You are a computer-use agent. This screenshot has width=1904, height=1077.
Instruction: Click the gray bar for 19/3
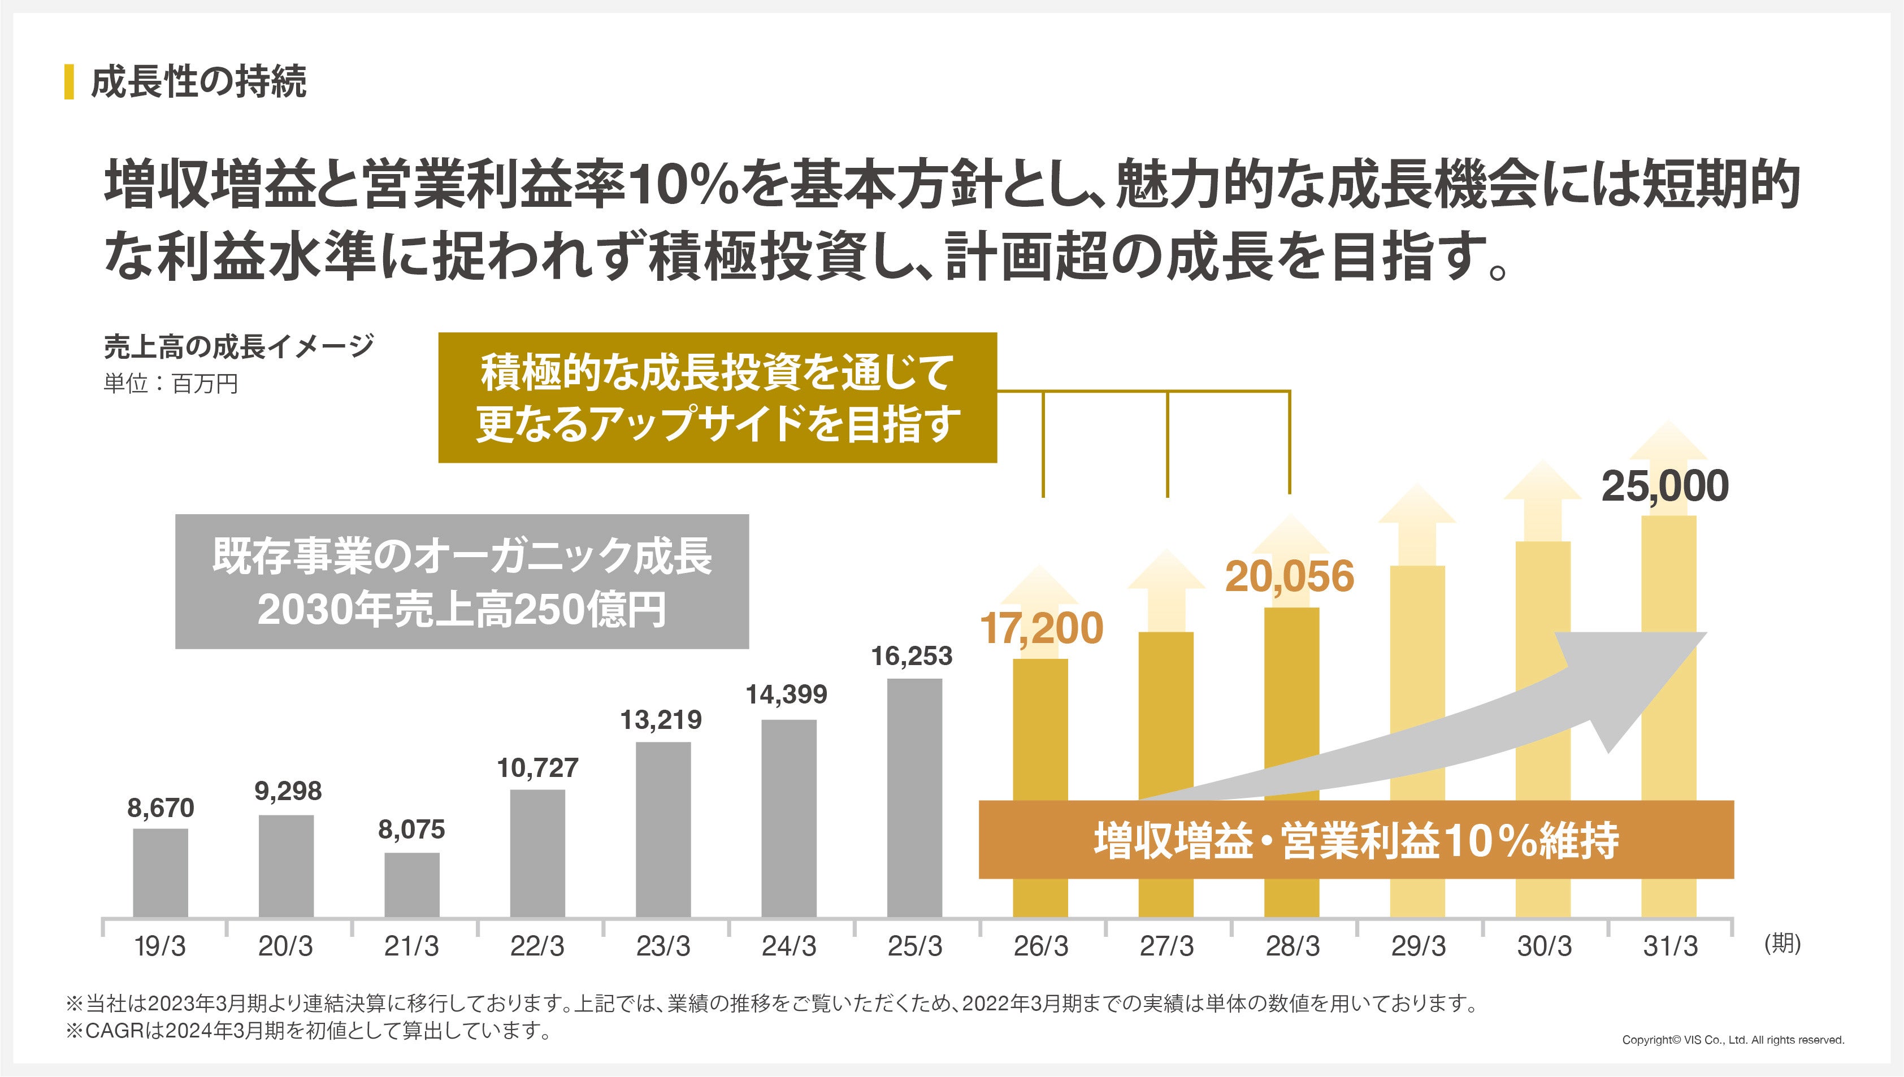(x=161, y=873)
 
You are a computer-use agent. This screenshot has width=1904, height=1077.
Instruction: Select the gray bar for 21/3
(x=411, y=885)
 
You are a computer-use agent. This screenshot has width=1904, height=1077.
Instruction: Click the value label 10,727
(x=538, y=768)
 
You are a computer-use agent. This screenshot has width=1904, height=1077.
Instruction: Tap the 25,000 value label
(x=1664, y=486)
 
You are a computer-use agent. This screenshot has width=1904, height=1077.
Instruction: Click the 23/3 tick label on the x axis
(x=663, y=946)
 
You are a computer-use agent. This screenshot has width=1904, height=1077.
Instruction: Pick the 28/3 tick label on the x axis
(x=1293, y=946)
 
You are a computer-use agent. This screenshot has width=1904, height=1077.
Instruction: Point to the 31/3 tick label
(x=1670, y=946)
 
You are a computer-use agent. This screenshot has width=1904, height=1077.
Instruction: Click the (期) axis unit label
(x=1782, y=943)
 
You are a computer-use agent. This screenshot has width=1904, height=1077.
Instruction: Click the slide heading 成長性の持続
(x=198, y=81)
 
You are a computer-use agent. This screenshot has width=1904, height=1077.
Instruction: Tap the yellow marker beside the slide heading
(x=70, y=81)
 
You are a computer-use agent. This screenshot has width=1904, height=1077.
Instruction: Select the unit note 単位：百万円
(x=171, y=384)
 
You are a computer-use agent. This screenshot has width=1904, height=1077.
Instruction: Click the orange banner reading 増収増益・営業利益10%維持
(x=1355, y=840)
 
